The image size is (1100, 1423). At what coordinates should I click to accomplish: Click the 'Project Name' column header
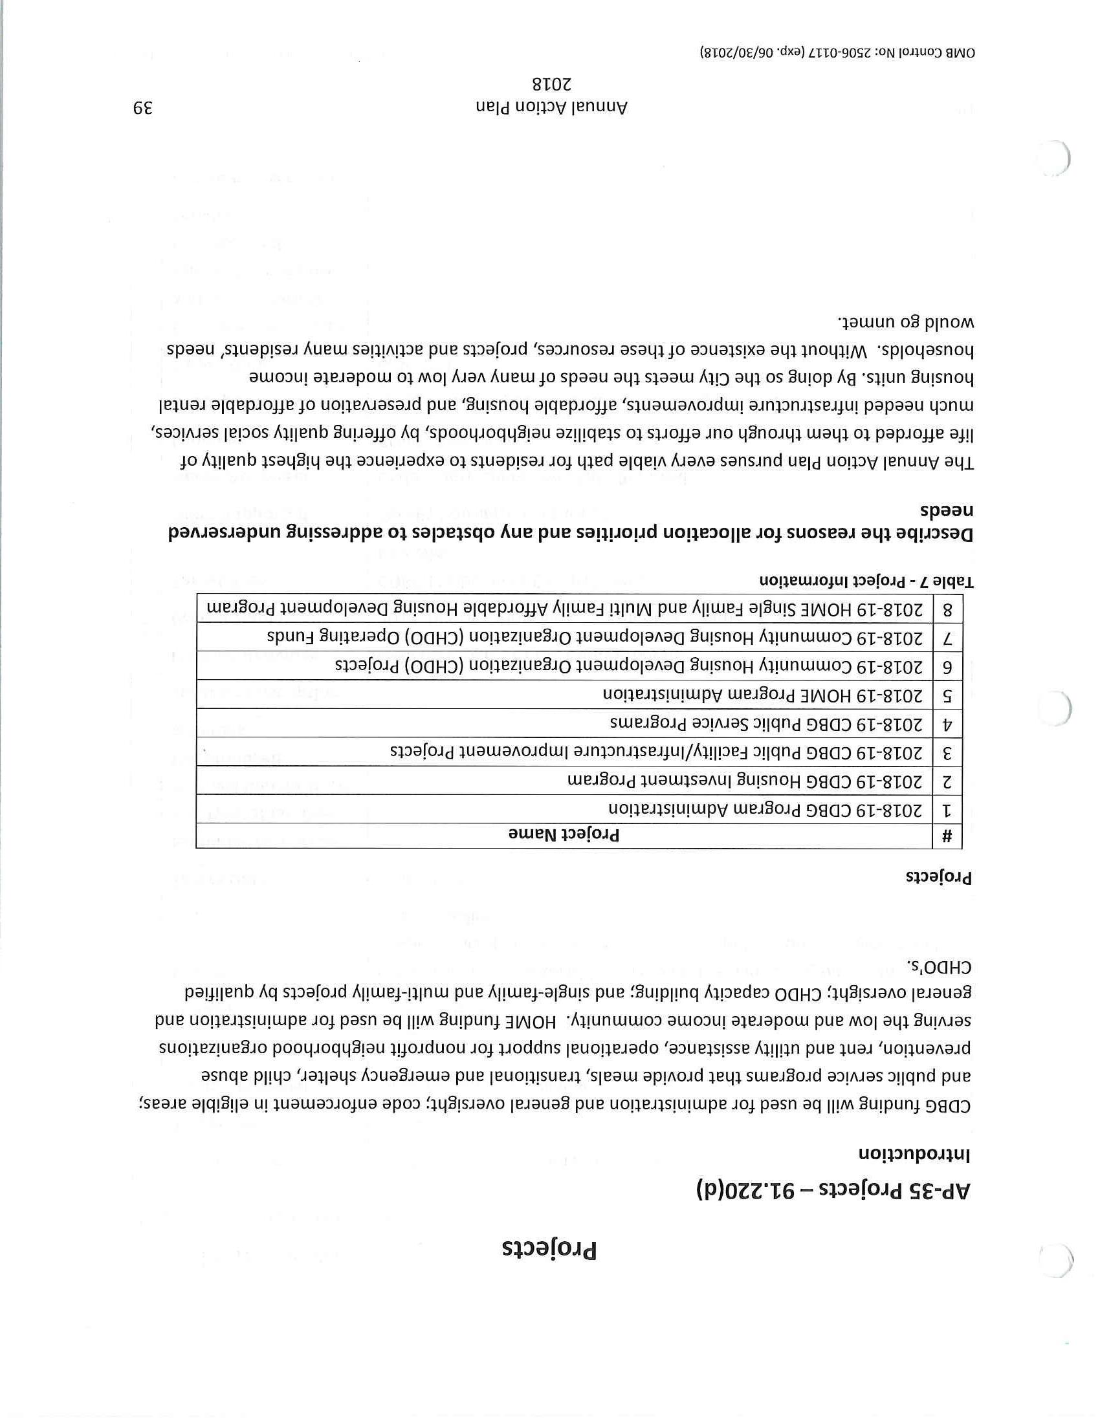(564, 835)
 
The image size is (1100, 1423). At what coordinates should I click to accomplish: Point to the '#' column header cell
(947, 836)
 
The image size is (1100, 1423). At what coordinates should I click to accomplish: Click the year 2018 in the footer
(551, 85)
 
